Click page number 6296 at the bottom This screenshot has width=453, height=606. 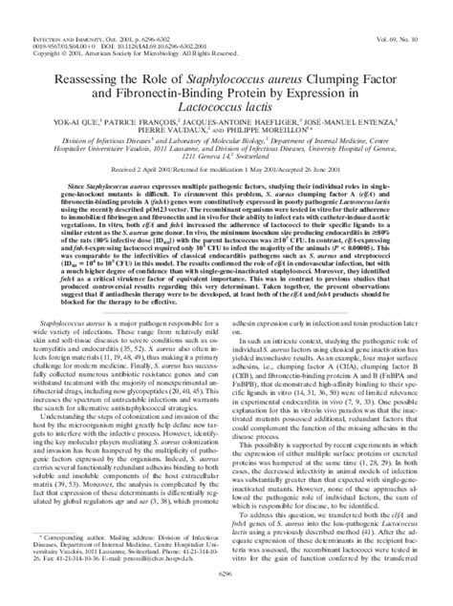pyautogui.click(x=226, y=598)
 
